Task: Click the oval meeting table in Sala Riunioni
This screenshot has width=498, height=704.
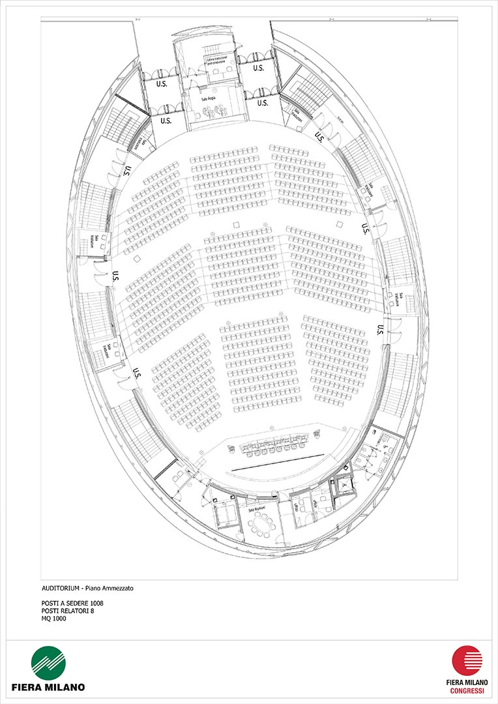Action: [262, 523]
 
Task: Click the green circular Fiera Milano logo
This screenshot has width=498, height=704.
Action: [48, 663]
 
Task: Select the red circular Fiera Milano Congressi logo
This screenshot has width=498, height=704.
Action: [466, 660]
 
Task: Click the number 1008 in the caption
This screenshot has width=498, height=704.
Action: [95, 603]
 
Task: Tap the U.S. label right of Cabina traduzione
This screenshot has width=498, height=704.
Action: [258, 68]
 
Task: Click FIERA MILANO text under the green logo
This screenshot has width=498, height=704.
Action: [48, 687]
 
